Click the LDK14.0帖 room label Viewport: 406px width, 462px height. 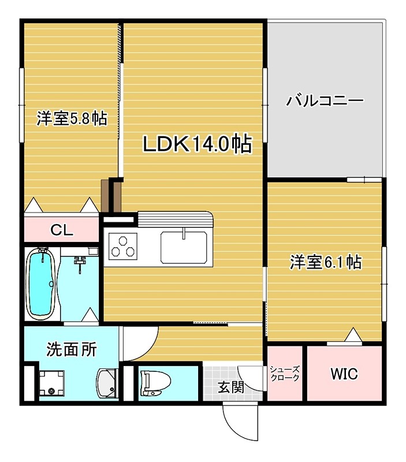(x=197, y=144)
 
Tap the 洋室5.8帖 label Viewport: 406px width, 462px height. (x=72, y=119)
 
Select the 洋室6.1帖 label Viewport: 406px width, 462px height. (x=325, y=262)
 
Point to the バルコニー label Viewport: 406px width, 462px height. (x=325, y=100)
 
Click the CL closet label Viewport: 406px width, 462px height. (x=61, y=230)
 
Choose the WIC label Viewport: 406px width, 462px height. (x=344, y=374)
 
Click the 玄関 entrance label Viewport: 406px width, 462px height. (x=230, y=387)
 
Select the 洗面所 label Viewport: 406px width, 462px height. (x=72, y=349)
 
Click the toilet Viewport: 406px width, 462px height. (x=156, y=382)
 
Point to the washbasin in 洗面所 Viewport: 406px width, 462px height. (x=107, y=383)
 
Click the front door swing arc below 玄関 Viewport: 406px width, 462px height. (x=238, y=424)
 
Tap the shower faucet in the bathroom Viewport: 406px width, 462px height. (x=80, y=263)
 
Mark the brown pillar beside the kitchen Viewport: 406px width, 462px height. (x=111, y=196)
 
